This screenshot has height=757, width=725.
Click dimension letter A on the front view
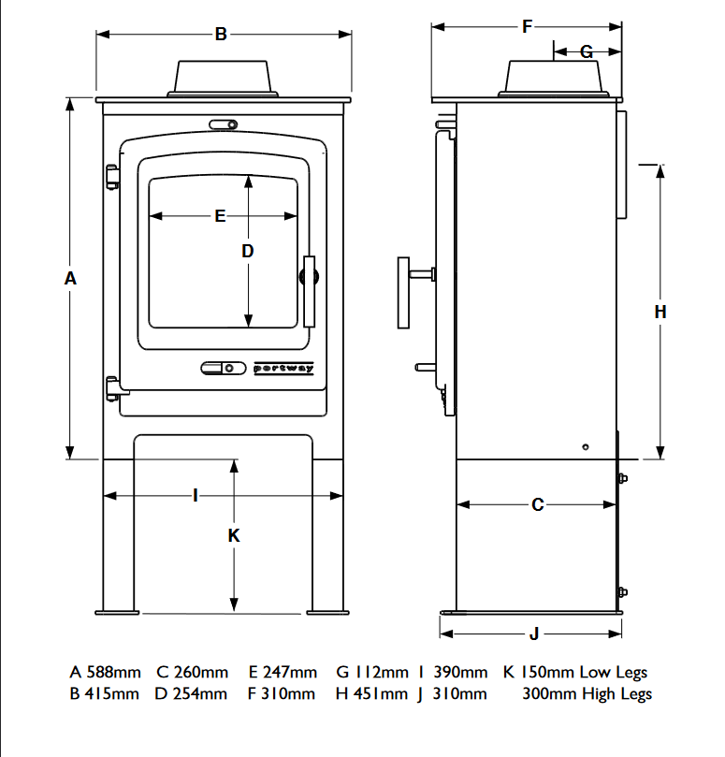click(x=69, y=278)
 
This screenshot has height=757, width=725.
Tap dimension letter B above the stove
click(x=221, y=35)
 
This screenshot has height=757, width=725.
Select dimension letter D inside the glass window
click(x=248, y=251)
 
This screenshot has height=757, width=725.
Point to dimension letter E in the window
click(x=221, y=216)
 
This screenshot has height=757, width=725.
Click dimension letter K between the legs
click(x=234, y=535)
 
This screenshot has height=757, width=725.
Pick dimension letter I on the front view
click(x=195, y=495)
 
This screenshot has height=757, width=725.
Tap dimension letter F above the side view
click(x=528, y=27)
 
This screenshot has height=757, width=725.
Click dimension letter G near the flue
click(x=587, y=51)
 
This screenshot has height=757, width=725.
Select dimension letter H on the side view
click(x=660, y=312)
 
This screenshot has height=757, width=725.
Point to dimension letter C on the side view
click(x=537, y=504)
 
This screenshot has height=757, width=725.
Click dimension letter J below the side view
click(x=534, y=633)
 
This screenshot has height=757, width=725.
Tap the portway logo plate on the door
click(x=284, y=369)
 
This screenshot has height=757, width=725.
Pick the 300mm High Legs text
click(x=587, y=694)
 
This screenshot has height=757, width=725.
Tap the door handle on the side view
click(x=406, y=292)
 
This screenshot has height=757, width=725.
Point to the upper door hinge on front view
click(x=112, y=175)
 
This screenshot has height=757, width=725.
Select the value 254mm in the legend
click(x=200, y=694)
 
